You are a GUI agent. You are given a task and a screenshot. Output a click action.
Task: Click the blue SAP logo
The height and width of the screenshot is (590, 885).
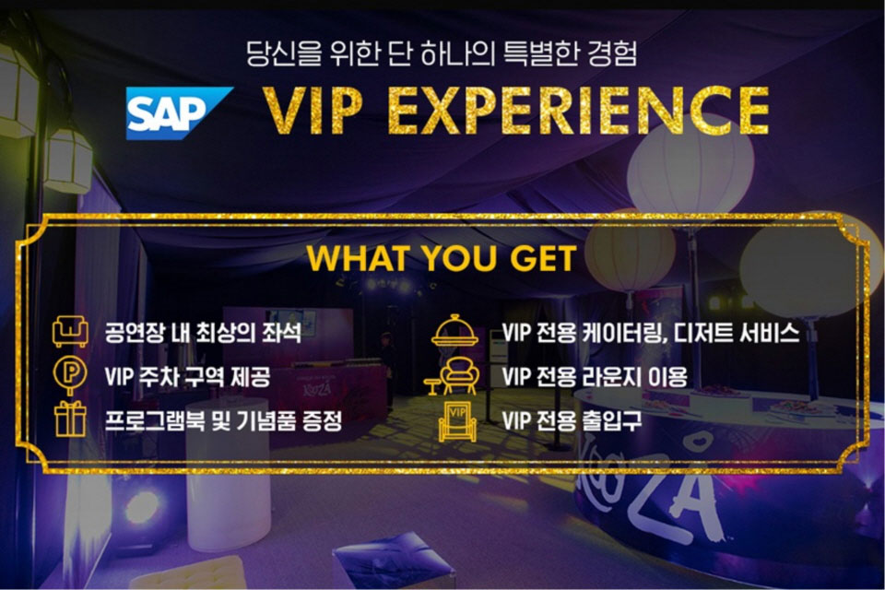tap(178, 112)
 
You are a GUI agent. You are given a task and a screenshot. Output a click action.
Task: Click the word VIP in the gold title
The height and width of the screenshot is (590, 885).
tap(313, 112)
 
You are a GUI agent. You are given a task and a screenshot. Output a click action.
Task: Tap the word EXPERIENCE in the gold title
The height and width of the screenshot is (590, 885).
tap(579, 111)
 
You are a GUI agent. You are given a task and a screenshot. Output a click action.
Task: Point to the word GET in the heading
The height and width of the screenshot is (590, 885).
tap(543, 258)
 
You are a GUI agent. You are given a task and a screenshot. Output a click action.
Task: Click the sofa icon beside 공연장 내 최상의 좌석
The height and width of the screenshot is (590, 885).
tap(70, 332)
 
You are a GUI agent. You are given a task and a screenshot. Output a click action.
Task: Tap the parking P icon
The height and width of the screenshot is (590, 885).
tap(70, 374)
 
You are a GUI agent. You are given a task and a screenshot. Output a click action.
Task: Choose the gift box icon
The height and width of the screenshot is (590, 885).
tap(70, 419)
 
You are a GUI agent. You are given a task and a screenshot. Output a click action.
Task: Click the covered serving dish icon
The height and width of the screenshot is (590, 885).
tap(454, 331)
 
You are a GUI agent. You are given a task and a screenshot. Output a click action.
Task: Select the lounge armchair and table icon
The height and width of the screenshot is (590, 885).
tap(453, 376)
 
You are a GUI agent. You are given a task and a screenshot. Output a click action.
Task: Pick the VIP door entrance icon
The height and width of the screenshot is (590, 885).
tap(457, 421)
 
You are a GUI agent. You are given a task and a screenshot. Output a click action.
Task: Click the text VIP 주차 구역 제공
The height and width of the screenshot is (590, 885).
tap(187, 376)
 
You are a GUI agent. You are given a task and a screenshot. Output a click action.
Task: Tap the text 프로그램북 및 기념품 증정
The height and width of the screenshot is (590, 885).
tap(223, 420)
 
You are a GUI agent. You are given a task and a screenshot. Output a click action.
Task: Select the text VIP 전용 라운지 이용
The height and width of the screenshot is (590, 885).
tap(595, 376)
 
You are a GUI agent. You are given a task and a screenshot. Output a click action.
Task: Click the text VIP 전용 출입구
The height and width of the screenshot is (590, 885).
tap(572, 420)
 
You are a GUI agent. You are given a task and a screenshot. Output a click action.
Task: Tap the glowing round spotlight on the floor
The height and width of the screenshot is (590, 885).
tap(142, 506)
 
